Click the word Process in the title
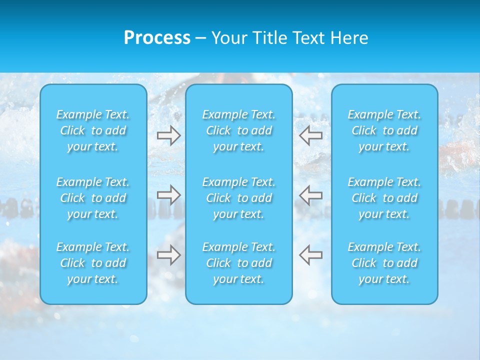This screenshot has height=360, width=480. coord(157,38)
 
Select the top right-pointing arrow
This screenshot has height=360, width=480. coord(169,135)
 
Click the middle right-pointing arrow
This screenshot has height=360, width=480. coord(169,195)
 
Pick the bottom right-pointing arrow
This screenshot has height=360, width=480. coord(169,255)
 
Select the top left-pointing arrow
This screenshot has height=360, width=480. coord(310,135)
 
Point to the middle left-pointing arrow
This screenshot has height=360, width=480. coord(310,195)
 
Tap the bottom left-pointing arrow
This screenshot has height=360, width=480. coord(310,255)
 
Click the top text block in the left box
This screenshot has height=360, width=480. coord(93,130)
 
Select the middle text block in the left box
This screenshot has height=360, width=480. coord(93,198)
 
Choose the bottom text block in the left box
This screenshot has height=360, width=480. coord(93,263)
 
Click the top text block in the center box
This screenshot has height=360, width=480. coord(239,130)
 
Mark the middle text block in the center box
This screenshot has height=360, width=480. coord(239,198)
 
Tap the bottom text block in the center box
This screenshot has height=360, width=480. coord(239,263)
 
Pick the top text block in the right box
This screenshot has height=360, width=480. coord(384,130)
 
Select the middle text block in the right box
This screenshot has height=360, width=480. coord(384,198)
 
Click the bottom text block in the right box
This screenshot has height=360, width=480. coord(384,263)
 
